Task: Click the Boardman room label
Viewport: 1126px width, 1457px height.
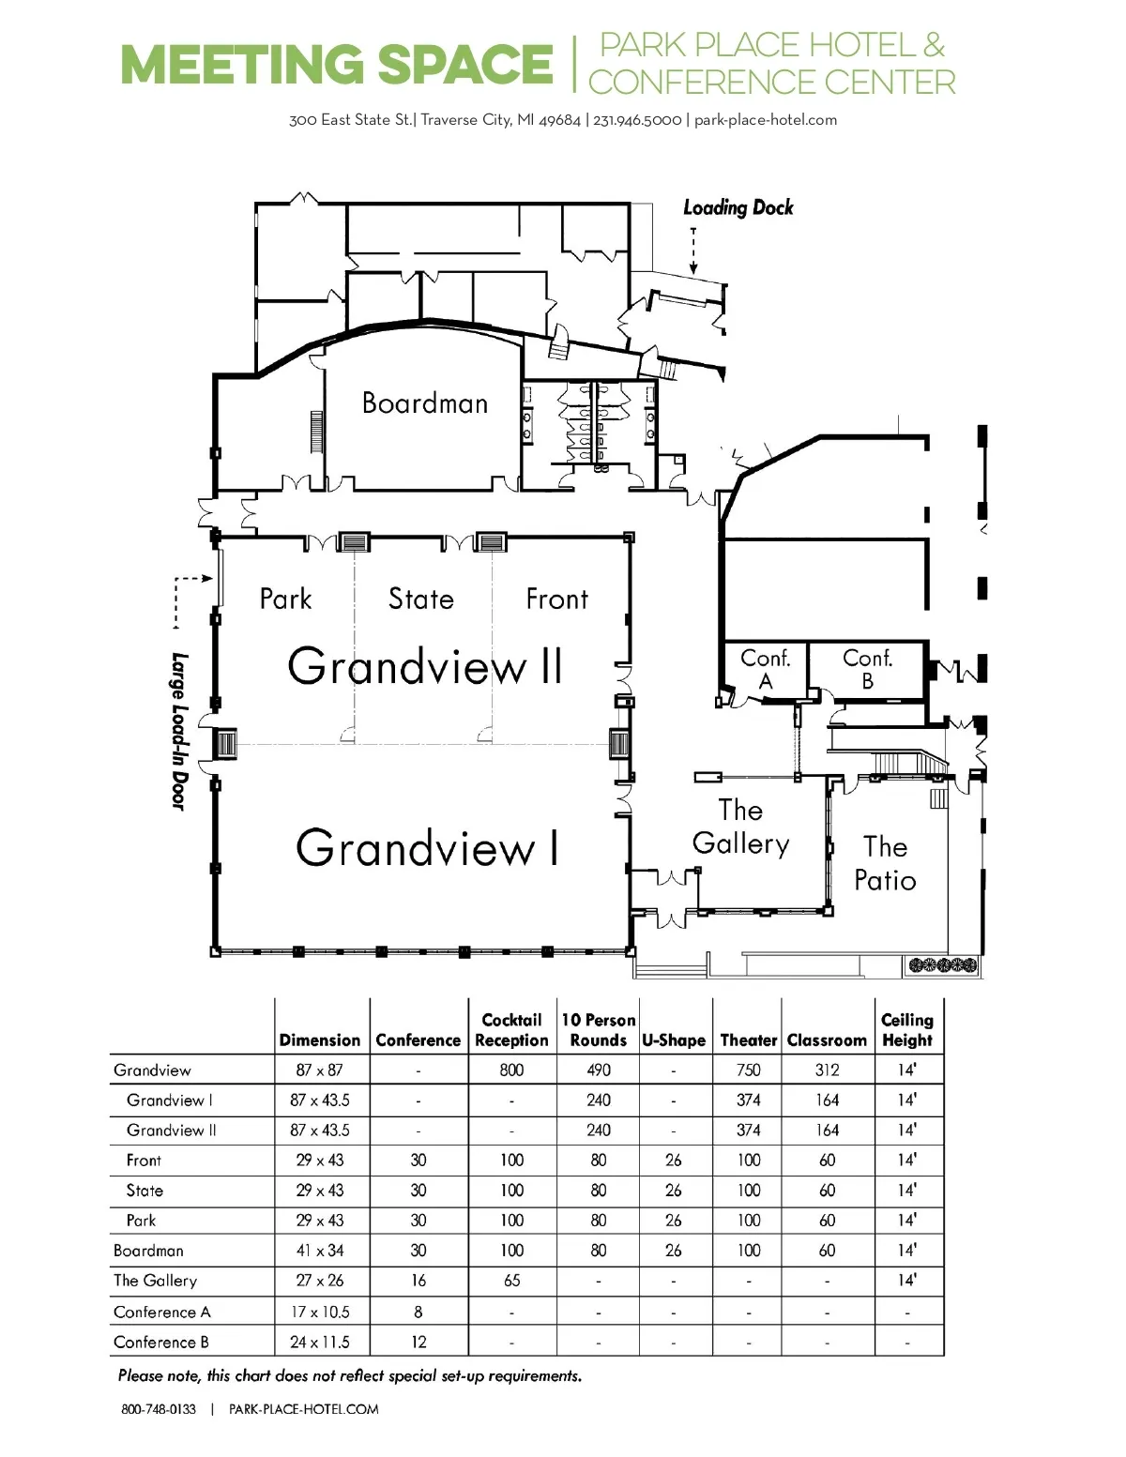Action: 424,403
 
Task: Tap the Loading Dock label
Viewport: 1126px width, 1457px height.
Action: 738,208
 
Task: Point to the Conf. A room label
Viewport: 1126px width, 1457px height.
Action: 765,669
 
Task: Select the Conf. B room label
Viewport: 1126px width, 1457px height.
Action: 868,669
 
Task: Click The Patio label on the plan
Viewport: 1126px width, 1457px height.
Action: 885,864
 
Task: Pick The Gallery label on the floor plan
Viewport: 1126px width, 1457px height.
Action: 741,827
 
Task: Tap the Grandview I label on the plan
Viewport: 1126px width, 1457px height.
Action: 427,848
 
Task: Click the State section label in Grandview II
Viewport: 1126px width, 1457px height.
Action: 421,599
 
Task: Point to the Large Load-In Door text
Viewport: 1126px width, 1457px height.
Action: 179,731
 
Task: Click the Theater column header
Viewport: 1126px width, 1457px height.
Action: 749,1040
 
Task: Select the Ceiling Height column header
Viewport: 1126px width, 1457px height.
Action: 907,1030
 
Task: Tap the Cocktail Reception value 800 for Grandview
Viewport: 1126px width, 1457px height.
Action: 511,1070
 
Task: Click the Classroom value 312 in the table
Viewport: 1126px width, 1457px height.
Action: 827,1070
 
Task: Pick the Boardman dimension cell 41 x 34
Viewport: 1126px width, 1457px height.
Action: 320,1251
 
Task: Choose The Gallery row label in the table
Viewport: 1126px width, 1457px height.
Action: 156,1281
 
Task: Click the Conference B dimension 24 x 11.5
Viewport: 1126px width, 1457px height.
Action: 320,1343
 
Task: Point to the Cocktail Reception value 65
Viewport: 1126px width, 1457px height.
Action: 511,1281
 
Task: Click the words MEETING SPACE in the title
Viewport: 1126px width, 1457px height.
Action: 337,65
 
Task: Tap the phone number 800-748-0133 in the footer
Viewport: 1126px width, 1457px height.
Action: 159,1409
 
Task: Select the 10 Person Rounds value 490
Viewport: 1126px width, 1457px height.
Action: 599,1070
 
